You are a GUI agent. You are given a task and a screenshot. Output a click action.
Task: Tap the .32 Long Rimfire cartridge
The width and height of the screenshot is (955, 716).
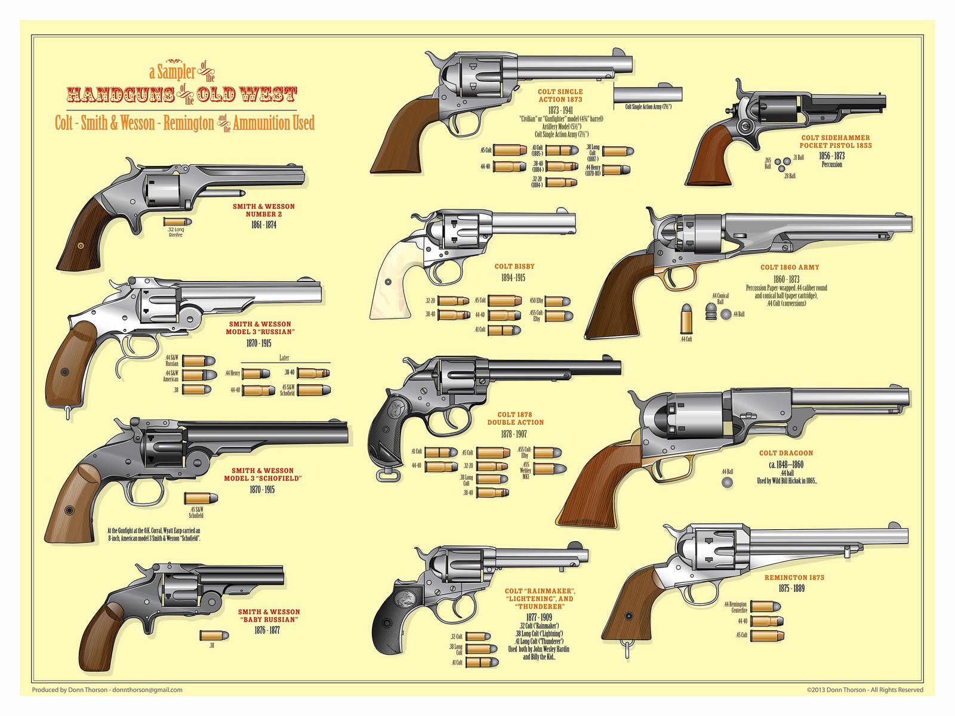click(175, 221)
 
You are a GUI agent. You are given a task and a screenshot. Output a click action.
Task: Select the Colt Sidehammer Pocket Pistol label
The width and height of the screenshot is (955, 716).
click(835, 141)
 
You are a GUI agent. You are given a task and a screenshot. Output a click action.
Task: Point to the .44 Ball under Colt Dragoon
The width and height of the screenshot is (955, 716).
click(727, 482)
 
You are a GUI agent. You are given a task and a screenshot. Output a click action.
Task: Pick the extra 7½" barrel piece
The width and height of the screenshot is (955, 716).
click(648, 94)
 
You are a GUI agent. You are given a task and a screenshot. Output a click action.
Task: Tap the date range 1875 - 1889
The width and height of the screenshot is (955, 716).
click(791, 588)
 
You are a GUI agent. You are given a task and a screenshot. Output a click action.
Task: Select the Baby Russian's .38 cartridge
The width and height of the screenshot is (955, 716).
click(213, 635)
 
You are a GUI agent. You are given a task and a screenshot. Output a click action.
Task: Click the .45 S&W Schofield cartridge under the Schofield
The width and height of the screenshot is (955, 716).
click(201, 498)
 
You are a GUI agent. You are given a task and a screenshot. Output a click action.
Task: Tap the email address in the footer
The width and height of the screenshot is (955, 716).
click(147, 690)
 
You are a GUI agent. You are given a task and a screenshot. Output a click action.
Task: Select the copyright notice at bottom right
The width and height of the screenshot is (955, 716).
click(864, 690)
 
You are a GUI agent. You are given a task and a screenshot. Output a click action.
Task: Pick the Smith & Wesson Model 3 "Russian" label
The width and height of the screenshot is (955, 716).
click(261, 328)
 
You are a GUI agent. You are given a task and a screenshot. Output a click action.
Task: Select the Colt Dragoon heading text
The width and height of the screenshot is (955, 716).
click(785, 453)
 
